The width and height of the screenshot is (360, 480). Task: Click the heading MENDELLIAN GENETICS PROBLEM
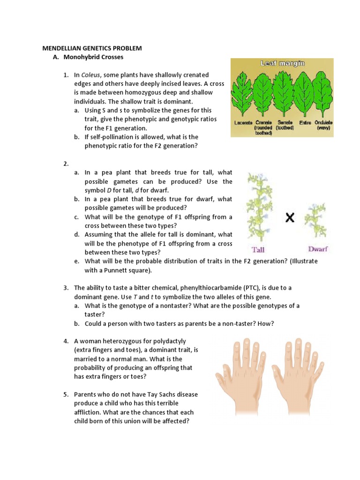click(x=92, y=48)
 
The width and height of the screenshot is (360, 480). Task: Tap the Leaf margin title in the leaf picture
click(x=282, y=63)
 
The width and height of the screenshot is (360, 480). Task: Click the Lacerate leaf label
click(x=243, y=122)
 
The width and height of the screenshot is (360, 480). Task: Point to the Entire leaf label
click(x=305, y=122)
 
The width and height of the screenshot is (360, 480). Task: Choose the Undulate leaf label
click(x=323, y=122)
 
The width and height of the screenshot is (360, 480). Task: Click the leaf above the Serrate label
click(x=283, y=94)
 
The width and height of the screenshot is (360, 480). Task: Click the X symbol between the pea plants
click(x=290, y=218)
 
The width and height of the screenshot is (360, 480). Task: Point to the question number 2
click(x=66, y=164)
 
